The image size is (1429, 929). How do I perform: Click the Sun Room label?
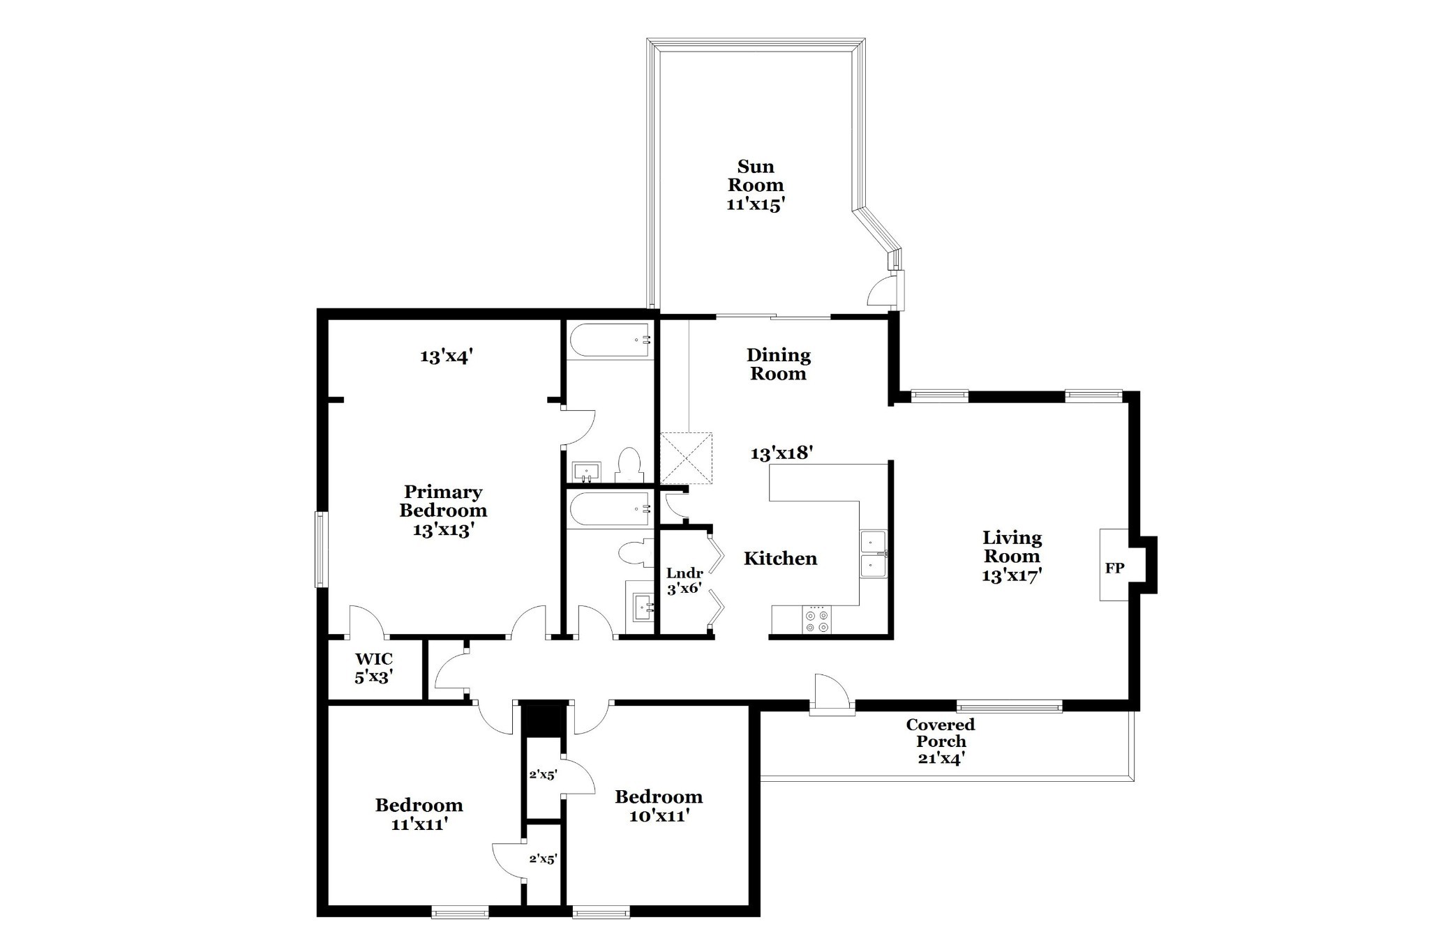click(756, 185)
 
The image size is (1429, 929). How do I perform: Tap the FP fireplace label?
click(1114, 568)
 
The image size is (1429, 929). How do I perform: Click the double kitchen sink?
click(873, 554)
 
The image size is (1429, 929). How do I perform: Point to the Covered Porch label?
click(941, 741)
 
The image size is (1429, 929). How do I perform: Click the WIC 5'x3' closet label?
click(374, 667)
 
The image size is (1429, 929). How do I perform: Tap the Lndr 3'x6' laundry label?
click(684, 580)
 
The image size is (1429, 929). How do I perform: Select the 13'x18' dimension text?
click(781, 453)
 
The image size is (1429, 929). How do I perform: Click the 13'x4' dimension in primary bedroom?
click(447, 356)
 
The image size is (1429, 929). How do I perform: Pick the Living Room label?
click(1012, 556)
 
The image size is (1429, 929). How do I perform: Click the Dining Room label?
click(778, 364)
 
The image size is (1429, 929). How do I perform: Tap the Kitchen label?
click(780, 558)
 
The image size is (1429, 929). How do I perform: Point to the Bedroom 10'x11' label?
click(659, 806)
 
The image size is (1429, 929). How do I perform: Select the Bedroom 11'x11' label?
click(419, 814)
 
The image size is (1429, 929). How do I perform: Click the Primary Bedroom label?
click(443, 511)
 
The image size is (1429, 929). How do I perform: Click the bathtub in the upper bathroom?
click(611, 340)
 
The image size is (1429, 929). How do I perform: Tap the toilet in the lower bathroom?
click(634, 552)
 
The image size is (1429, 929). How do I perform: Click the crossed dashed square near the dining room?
click(687, 458)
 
